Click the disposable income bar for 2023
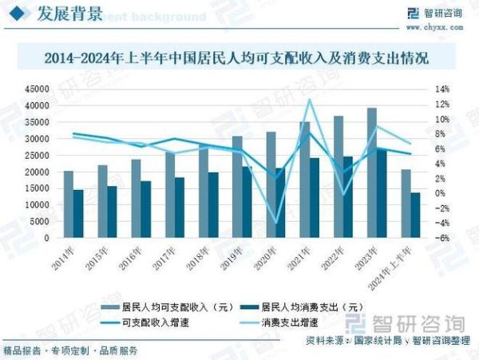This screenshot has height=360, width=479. click(x=371, y=172)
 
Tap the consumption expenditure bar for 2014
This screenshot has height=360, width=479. click(x=77, y=213)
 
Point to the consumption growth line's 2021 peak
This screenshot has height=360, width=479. click(x=310, y=100)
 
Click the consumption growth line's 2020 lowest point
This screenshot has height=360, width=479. click(x=276, y=223)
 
